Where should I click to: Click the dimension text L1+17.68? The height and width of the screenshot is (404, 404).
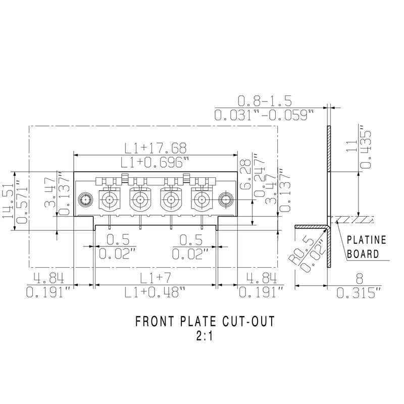(156, 148)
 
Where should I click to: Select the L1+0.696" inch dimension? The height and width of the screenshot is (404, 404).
(156, 162)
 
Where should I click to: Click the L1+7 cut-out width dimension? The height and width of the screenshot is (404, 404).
(156, 277)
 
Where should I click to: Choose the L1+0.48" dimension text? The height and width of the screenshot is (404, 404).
(156, 292)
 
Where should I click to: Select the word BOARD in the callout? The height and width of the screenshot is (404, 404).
(364, 254)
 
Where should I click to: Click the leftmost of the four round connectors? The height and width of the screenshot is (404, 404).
(109, 199)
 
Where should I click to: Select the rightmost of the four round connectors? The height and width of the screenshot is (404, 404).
(200, 199)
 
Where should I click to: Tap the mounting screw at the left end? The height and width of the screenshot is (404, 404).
(85, 199)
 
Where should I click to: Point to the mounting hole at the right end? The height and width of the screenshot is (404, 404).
(224, 199)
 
